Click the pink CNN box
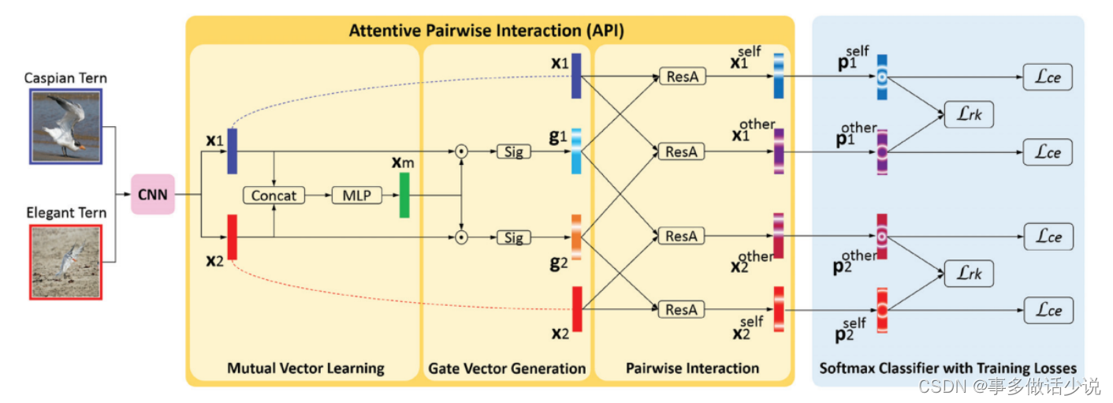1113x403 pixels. (152, 194)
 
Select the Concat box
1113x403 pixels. (274, 195)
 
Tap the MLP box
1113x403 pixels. (355, 195)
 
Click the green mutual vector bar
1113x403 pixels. (404, 195)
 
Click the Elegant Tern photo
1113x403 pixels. (65, 261)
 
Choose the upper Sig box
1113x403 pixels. (513, 151)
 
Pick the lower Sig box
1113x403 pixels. (513, 237)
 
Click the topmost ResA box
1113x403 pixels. (682, 76)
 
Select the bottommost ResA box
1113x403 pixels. (682, 309)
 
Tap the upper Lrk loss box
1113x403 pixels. (968, 115)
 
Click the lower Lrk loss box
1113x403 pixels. (968, 274)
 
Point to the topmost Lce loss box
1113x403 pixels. (1048, 77)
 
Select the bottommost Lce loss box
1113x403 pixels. (1048, 310)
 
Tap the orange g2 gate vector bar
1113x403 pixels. (576, 237)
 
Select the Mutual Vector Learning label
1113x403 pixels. (305, 368)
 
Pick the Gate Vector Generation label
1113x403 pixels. (507, 368)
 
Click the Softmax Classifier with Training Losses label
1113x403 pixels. (947, 368)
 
